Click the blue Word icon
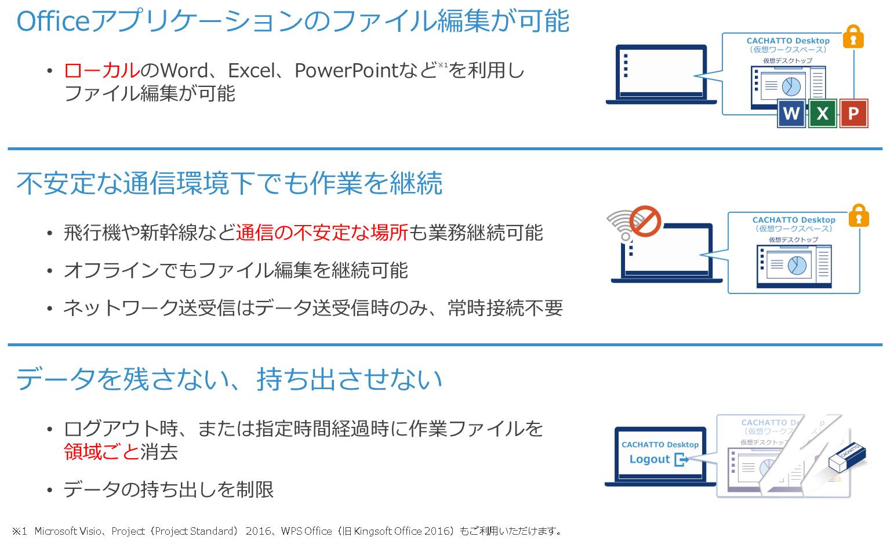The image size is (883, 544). tap(791, 114)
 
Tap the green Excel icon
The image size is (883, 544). tap(822, 114)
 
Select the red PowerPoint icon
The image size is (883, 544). tap(853, 114)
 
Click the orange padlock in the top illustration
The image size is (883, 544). tap(853, 37)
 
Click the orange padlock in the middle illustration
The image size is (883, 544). tap(859, 215)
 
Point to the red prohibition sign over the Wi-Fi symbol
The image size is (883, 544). tap(645, 221)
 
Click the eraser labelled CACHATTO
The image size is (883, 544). tap(847, 457)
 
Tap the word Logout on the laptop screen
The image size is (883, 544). tap(649, 459)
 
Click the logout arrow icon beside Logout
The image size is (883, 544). tap(682, 459)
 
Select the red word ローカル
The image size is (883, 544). tap(101, 71)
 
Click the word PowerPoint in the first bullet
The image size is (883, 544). tap(347, 71)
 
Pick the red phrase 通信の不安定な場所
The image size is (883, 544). tap(322, 233)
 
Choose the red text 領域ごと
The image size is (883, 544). tap(101, 452)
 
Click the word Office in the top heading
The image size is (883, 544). tap(53, 21)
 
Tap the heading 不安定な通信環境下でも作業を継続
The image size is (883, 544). tap(230, 183)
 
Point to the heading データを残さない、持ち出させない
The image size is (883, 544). tap(230, 379)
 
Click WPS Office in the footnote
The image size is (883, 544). tap(306, 531)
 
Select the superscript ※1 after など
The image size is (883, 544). tap(443, 64)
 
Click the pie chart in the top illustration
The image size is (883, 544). tap(791, 86)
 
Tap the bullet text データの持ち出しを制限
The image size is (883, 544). tap(168, 489)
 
